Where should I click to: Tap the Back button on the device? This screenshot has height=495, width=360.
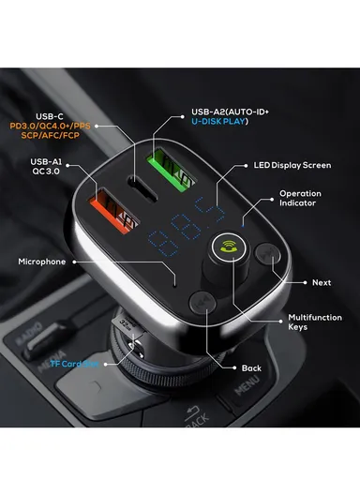pyautogui.click(x=200, y=301)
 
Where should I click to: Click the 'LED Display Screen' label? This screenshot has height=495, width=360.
pyautogui.click(x=292, y=166)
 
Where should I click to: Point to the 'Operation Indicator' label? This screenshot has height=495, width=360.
pyautogui.click(x=307, y=198)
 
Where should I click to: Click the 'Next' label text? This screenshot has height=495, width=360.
pyautogui.click(x=322, y=282)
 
